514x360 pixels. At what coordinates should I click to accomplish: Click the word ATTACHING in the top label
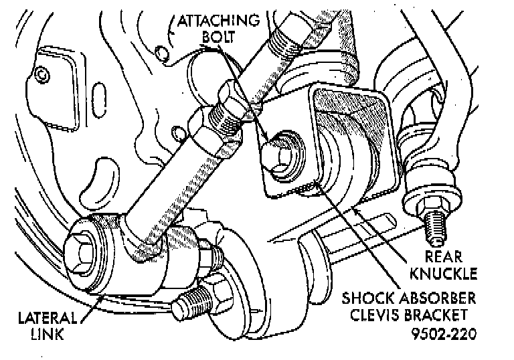(x=219, y=19)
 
